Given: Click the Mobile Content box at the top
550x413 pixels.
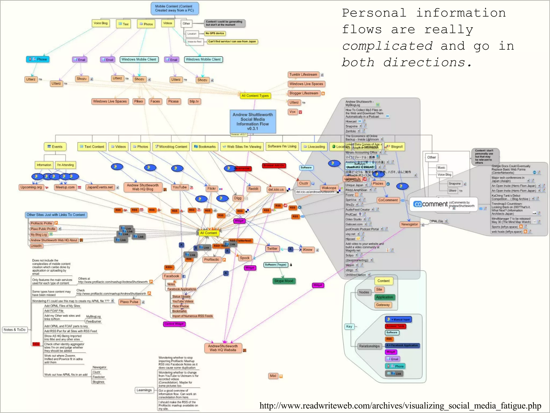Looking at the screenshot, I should pos(175,8).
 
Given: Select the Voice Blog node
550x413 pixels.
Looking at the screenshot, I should pos(100,23).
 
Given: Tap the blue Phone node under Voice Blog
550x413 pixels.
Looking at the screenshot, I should pos(38,59).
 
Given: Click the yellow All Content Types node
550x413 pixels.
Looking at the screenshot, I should pos(255,96).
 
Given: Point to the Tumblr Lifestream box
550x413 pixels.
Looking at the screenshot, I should pos(303,75).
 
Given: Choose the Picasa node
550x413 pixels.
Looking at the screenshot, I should pos(173,101).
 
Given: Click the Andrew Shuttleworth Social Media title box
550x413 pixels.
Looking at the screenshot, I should pos(253,122).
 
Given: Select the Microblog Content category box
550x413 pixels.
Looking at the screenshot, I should pos(171,147).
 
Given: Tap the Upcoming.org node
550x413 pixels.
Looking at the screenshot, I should pos(31,187).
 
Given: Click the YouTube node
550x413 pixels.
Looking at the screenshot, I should pos(180,187).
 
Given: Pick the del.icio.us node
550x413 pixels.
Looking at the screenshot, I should pos(276,190).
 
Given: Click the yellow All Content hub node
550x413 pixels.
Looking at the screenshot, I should pos(208,233).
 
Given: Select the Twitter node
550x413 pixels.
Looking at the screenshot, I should pos(272,249).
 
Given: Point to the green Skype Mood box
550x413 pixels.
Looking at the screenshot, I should pos(284,281).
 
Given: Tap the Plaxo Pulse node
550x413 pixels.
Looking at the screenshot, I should pos(129,302).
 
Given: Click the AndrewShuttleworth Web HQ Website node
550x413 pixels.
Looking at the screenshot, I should pos(223,348).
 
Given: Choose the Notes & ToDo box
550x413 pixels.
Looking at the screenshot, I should pos(15,330).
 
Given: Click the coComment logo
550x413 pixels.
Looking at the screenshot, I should pos(430,204).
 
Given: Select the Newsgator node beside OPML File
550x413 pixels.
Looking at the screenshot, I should pos(410,225).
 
